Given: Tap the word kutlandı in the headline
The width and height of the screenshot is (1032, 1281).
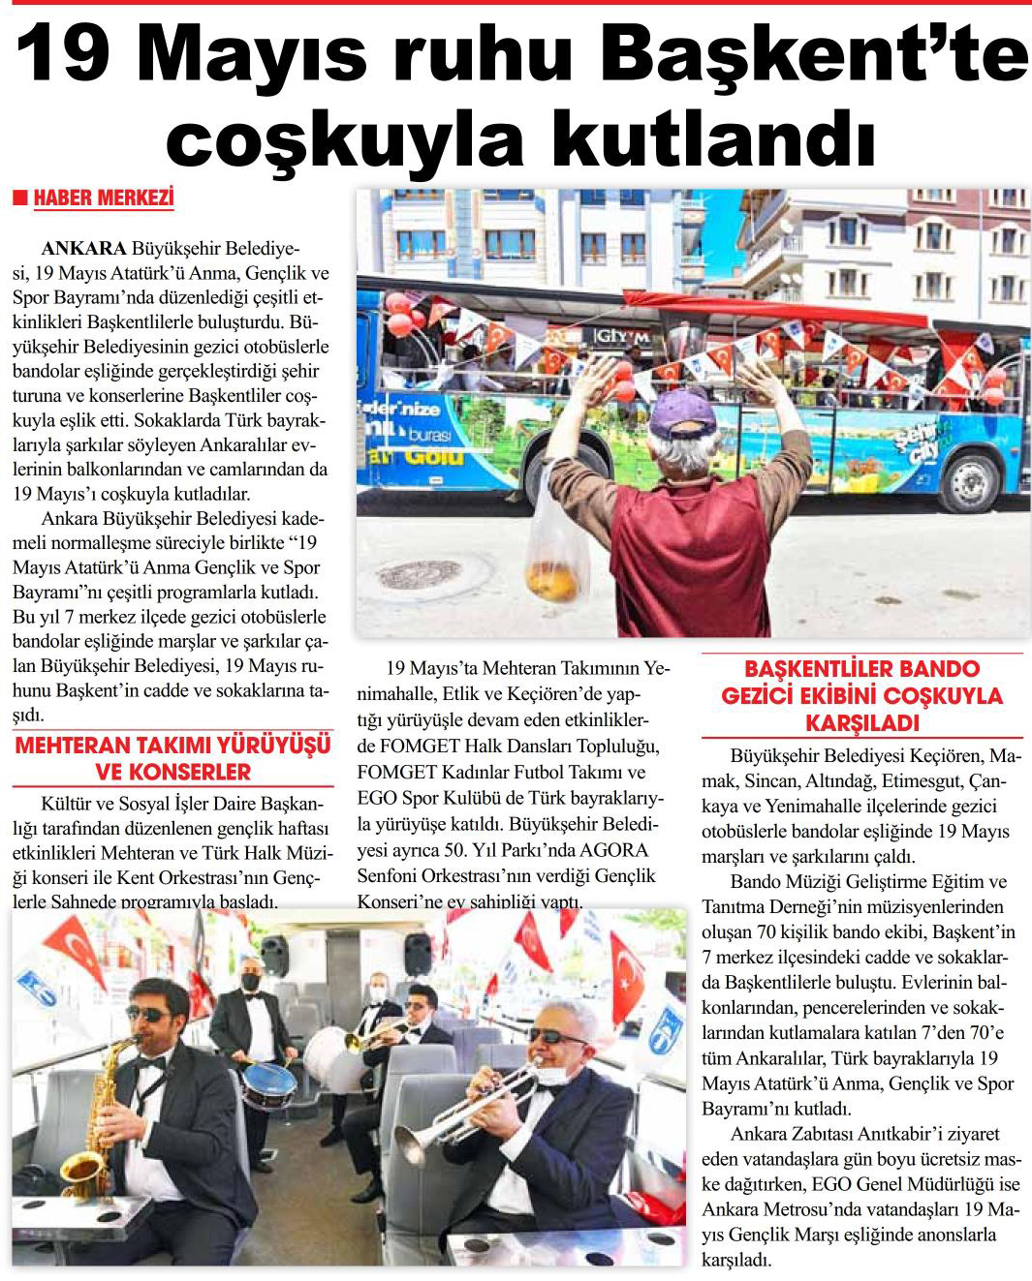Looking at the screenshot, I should pyautogui.click(x=713, y=139).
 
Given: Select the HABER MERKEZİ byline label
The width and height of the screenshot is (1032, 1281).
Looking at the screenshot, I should pyautogui.click(x=104, y=198).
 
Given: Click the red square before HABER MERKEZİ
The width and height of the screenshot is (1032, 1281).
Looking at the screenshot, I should pyautogui.click(x=19, y=198).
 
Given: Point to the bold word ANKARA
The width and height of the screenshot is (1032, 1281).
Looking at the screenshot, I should pyautogui.click(x=83, y=249).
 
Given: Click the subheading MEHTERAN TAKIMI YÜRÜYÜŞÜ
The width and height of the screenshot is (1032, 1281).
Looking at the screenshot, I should pyautogui.click(x=172, y=746).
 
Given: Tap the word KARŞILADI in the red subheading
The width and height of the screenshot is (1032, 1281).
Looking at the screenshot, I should pyautogui.click(x=861, y=722).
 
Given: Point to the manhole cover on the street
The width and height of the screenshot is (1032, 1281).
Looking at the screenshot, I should pyautogui.click(x=420, y=574).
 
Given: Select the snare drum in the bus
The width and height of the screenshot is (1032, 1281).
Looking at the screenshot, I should pyautogui.click(x=268, y=1084).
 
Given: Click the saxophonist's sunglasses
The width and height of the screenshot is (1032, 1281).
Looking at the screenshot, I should pyautogui.click(x=148, y=1014).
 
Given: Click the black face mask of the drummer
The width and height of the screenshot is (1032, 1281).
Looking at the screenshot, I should pyautogui.click(x=251, y=981).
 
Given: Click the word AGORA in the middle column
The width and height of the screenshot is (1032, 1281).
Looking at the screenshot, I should pyautogui.click(x=614, y=850).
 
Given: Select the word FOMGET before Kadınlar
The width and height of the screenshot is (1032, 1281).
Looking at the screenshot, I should pyautogui.click(x=395, y=773).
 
